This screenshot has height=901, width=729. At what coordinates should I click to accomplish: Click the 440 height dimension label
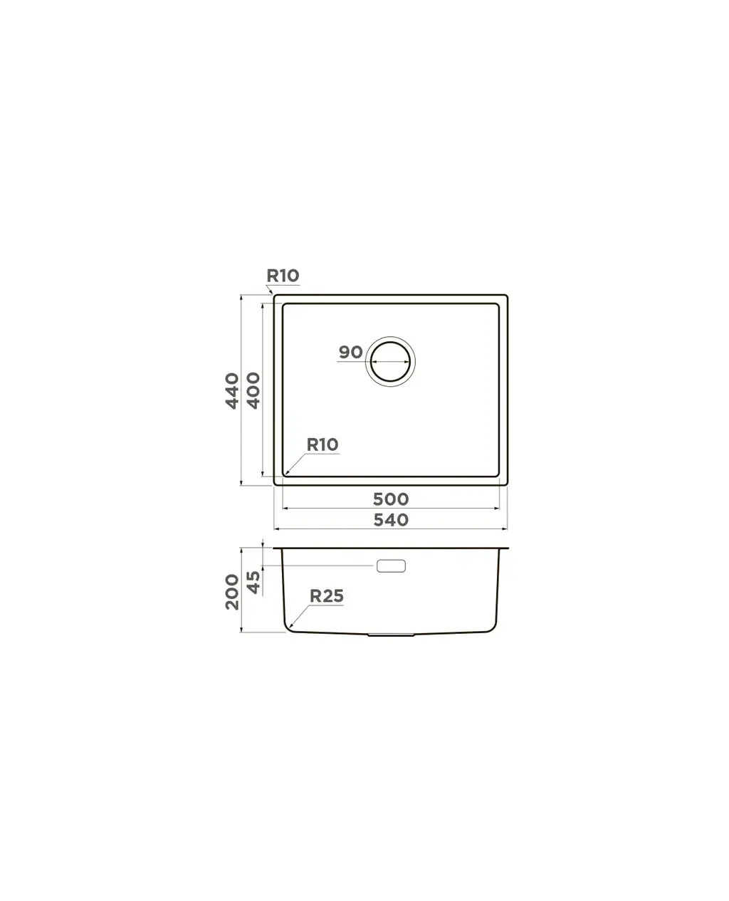[x=231, y=390]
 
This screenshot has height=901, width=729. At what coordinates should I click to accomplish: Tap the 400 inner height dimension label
[x=253, y=390]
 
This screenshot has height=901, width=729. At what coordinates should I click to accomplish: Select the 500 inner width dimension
[x=391, y=499]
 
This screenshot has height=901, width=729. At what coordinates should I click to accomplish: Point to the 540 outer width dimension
[x=391, y=520]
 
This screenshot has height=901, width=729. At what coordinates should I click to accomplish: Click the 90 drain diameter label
[x=350, y=352]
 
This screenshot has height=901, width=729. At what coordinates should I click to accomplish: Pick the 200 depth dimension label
[x=231, y=591]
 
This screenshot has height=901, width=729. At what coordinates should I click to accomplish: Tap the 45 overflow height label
[x=253, y=582]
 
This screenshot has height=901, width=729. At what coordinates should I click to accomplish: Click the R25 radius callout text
[x=327, y=596]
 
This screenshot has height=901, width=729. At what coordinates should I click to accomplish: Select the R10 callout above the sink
[x=283, y=276]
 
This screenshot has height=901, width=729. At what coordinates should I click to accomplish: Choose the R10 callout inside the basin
[x=322, y=444]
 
